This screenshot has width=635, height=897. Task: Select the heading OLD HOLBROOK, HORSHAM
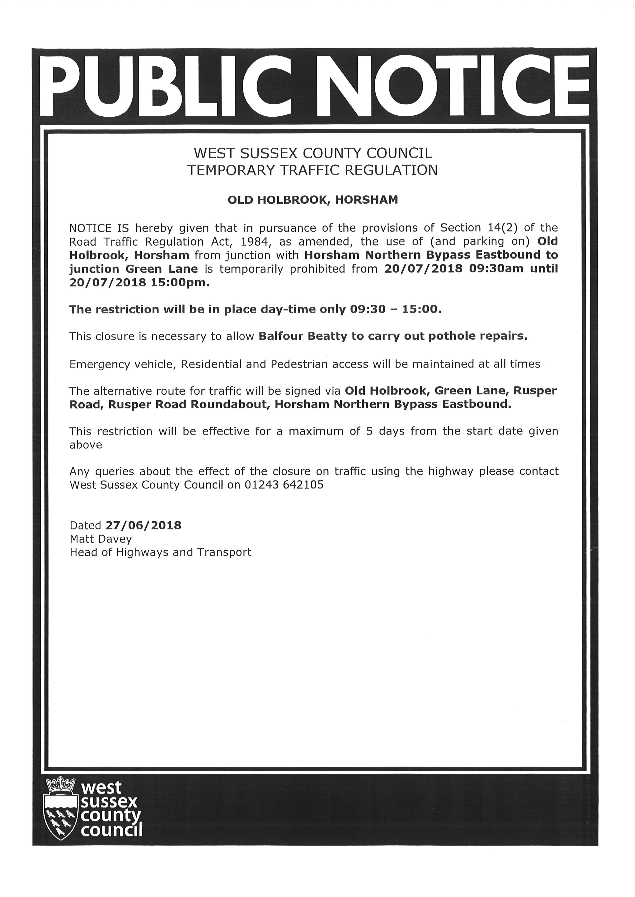point(313,200)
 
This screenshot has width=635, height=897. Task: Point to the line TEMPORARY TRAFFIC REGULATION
point(313,171)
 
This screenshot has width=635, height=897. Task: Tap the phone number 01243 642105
point(284,485)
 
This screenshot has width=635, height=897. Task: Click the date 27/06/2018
point(143,525)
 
